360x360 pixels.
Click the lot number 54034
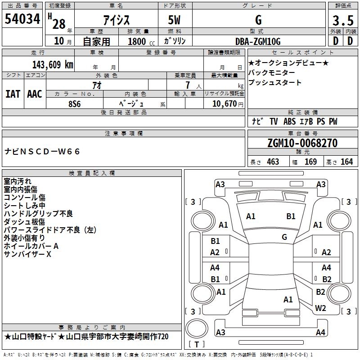click(22, 21)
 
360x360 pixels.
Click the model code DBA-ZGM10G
click(258, 41)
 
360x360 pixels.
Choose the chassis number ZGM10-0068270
click(302, 144)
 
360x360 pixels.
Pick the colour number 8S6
click(75, 103)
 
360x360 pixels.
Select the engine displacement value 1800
click(137, 41)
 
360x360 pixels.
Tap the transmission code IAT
click(13, 94)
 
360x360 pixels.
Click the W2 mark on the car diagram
click(320, 308)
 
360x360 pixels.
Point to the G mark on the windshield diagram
click(284, 237)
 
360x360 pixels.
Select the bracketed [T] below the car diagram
click(198, 344)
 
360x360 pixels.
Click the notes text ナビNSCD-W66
click(42, 152)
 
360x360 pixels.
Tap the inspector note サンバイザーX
click(28, 255)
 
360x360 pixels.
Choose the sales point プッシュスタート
click(275, 83)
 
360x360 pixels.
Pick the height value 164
click(346, 162)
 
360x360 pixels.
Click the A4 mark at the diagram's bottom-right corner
click(320, 333)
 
